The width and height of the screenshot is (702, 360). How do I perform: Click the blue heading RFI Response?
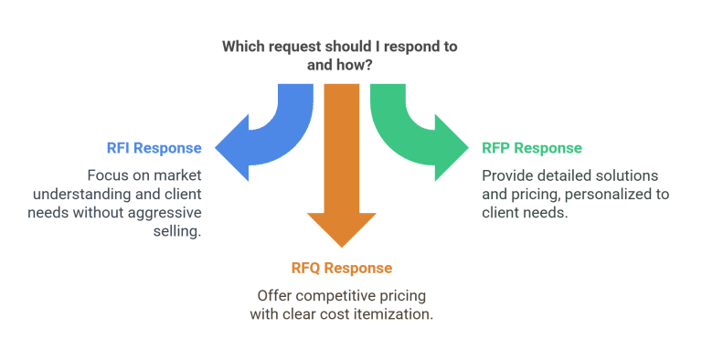[x=153, y=147]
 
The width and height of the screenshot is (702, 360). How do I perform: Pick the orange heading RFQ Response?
[x=341, y=268]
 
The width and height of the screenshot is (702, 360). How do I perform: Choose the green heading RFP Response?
[x=532, y=147]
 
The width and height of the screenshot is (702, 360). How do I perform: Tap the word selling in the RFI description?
[x=179, y=232]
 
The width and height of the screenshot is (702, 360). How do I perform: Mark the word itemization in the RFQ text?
[x=395, y=315]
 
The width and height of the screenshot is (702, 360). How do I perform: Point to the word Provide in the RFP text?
[x=506, y=175]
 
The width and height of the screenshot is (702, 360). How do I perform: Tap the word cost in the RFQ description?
[x=337, y=315]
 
